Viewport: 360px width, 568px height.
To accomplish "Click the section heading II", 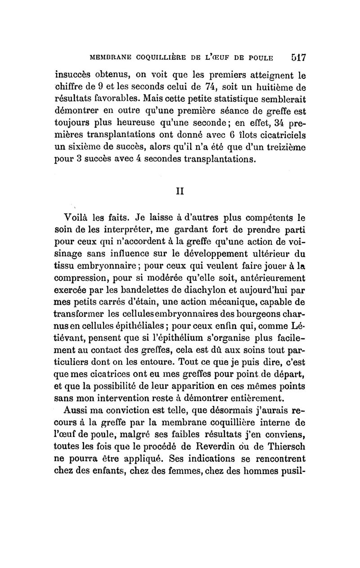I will pos(180,191).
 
